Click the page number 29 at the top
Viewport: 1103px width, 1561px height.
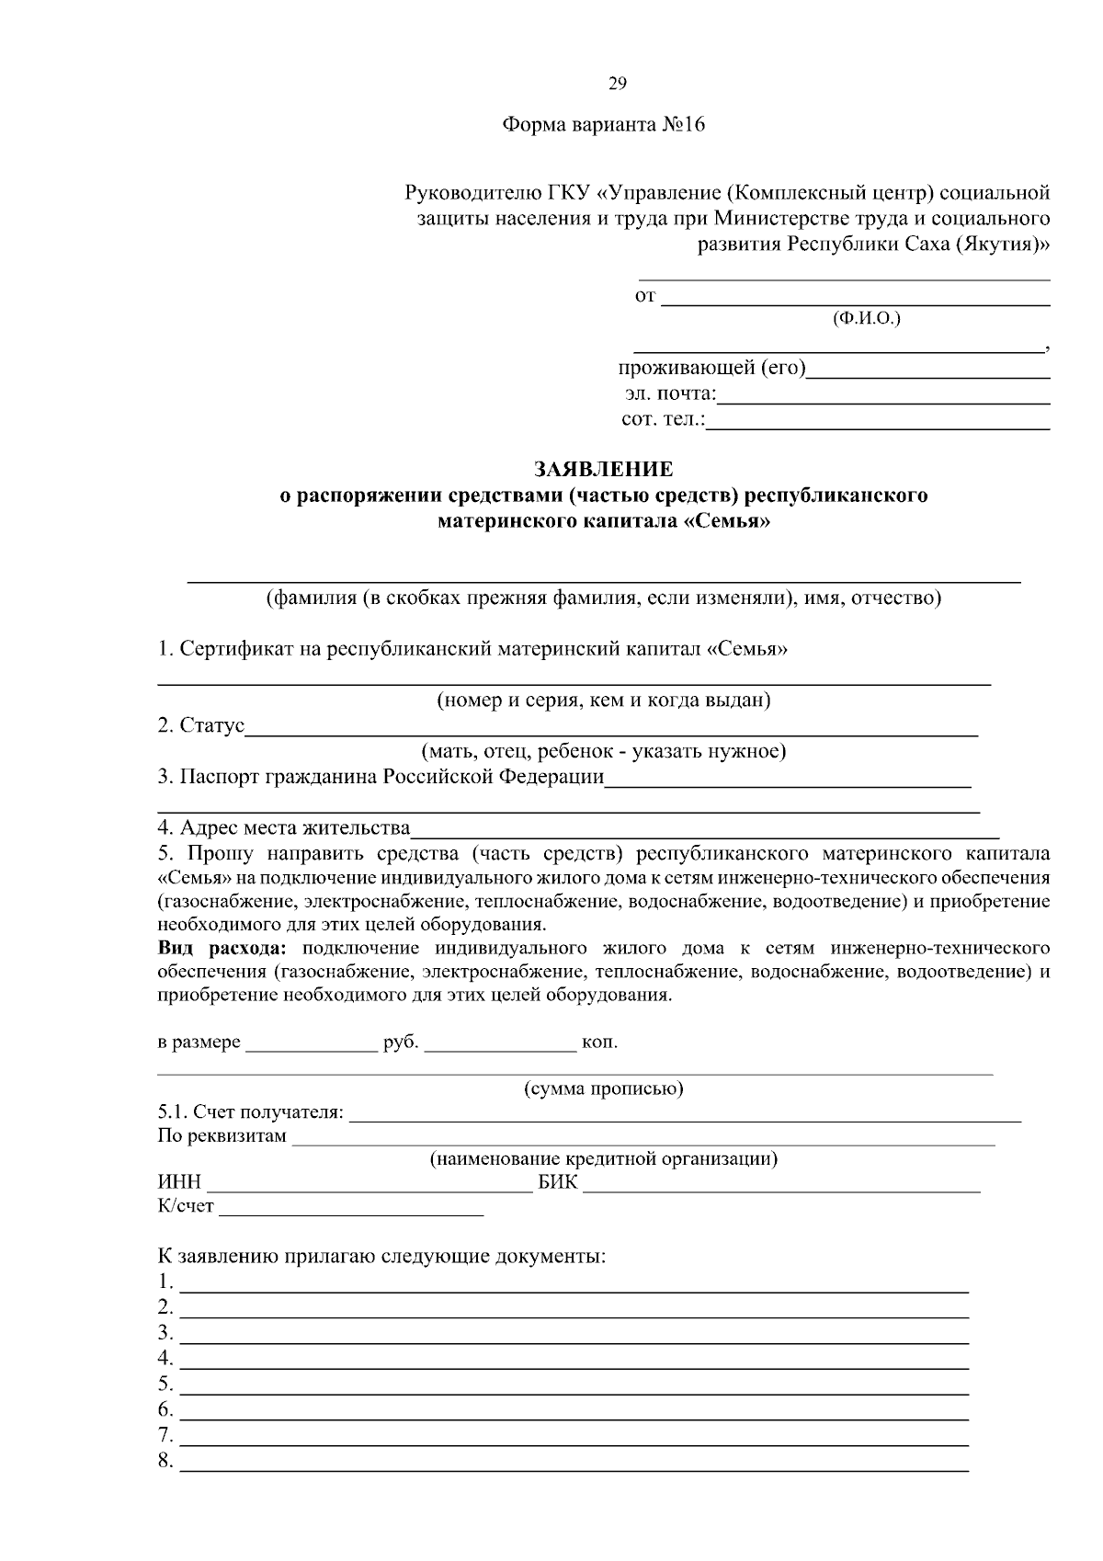[x=617, y=85]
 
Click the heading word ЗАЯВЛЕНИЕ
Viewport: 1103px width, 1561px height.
[x=604, y=470]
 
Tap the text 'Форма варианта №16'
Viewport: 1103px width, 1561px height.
[x=603, y=125]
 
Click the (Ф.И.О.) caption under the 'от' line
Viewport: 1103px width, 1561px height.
[x=866, y=319]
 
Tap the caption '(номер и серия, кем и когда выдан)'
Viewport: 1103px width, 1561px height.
[x=603, y=701]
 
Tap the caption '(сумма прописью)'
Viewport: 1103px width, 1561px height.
[x=603, y=1089]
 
